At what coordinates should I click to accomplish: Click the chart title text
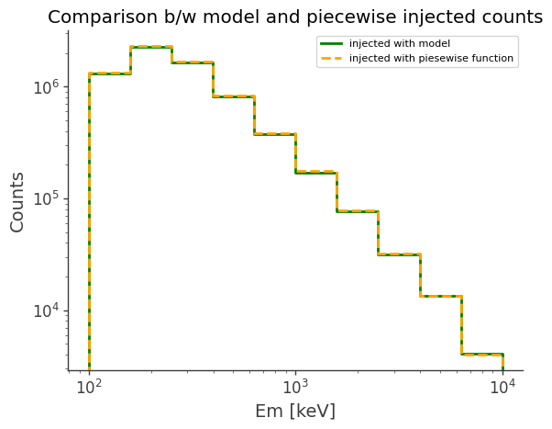click(294, 17)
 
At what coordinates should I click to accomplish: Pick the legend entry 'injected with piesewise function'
click(431, 58)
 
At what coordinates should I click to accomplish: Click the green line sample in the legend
click(332, 43)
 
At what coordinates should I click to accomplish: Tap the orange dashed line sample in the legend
click(332, 58)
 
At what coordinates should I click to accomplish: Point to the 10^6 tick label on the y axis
click(45, 87)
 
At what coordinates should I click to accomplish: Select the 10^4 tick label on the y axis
click(45, 310)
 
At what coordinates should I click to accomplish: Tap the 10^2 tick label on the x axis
click(88, 387)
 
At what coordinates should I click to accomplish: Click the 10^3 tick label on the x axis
click(295, 387)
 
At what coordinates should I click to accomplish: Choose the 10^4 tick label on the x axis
click(502, 387)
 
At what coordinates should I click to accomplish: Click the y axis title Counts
click(17, 200)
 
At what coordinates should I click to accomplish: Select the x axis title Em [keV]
click(294, 411)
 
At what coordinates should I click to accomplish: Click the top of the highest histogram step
click(151, 47)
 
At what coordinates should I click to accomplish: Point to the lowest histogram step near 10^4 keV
click(481, 354)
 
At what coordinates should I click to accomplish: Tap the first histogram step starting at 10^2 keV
click(109, 73)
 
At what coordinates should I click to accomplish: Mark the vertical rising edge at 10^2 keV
click(89, 220)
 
